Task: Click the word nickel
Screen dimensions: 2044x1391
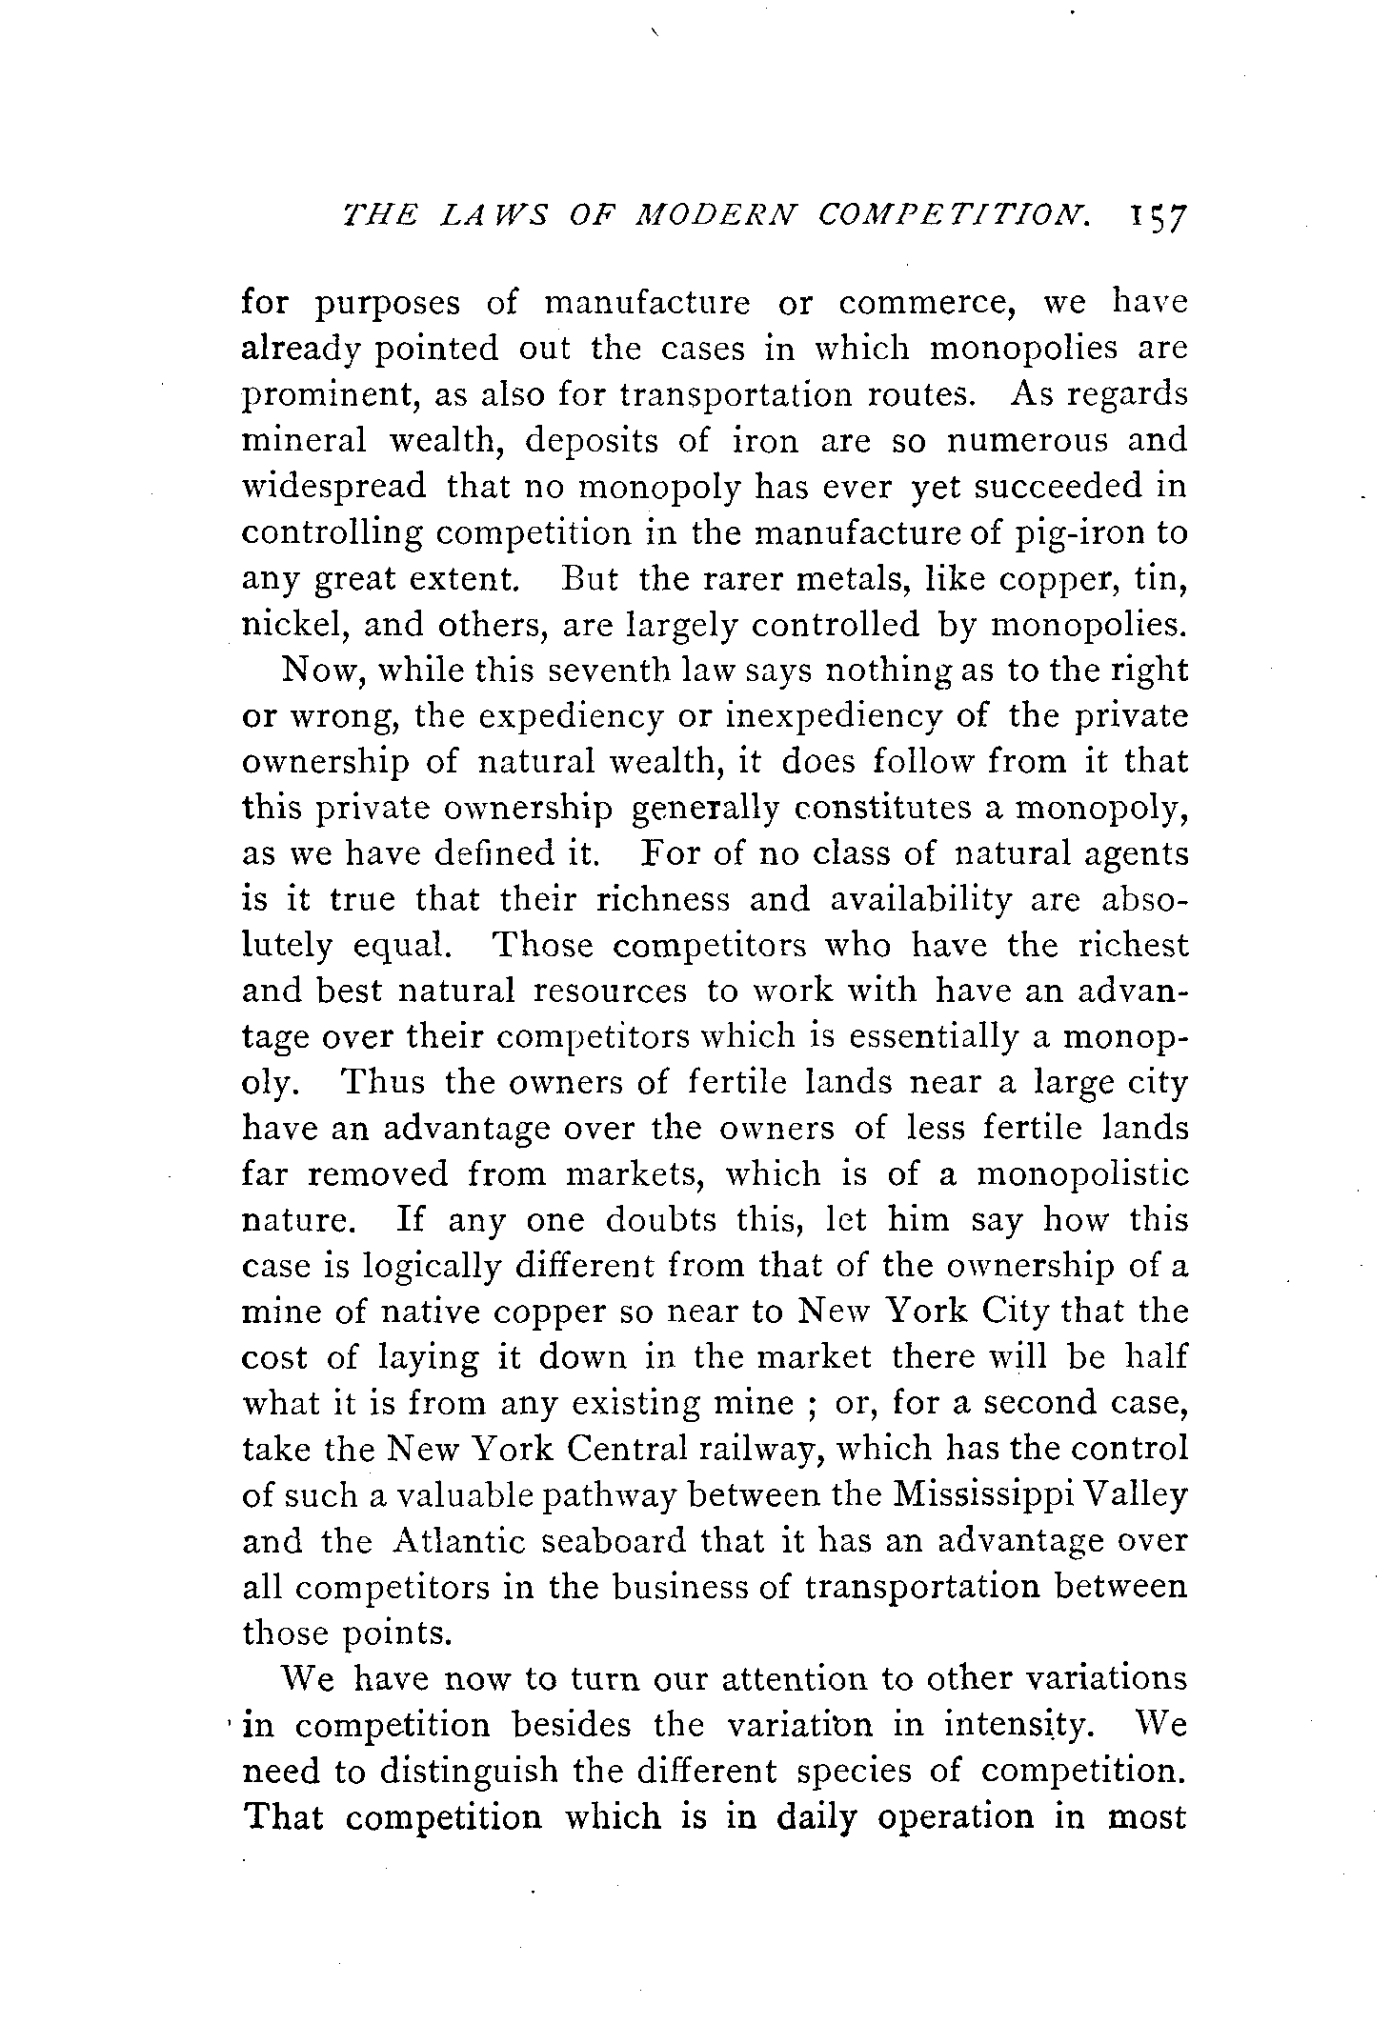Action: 288,625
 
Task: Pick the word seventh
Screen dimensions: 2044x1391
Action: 596,671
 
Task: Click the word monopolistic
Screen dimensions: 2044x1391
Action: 1082,1174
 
